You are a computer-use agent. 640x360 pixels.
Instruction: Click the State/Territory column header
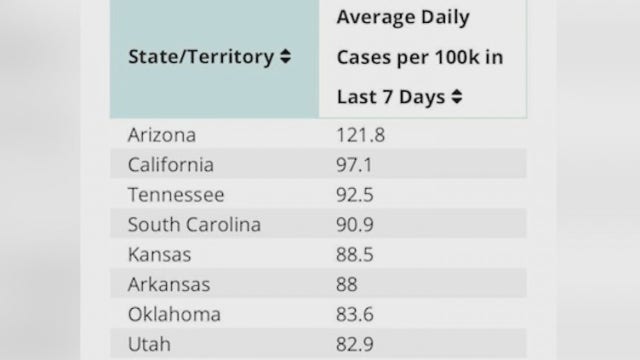pos(200,57)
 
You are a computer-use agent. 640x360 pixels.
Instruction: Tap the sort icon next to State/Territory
pos(285,57)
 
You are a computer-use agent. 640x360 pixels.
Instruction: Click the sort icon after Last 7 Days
pos(457,97)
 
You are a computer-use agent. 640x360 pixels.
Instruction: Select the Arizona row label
pos(162,135)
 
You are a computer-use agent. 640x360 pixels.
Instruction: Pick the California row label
pos(171,165)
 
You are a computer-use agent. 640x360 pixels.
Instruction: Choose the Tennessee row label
pos(177,195)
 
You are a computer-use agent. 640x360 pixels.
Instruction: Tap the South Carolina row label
pos(194,225)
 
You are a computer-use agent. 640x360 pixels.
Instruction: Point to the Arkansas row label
pos(169,285)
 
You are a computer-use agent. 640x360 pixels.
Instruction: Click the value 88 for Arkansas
pos(345,285)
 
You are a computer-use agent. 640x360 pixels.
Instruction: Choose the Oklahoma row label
pos(174,315)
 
